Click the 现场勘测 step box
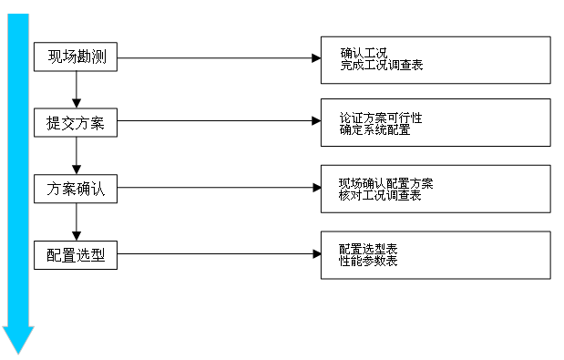[x=77, y=57]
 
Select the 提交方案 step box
[x=77, y=123]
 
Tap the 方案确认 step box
[x=77, y=190]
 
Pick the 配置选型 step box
[x=77, y=255]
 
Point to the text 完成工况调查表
[x=381, y=66]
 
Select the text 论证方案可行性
[x=381, y=118]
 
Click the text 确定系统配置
[x=374, y=130]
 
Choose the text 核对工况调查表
[x=380, y=196]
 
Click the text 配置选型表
[x=368, y=249]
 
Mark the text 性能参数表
[x=368, y=262]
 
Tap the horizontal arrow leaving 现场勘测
[x=219, y=58]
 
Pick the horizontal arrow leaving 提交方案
[x=219, y=122]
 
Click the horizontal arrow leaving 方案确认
[x=219, y=189]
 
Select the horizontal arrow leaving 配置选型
[x=219, y=254]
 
